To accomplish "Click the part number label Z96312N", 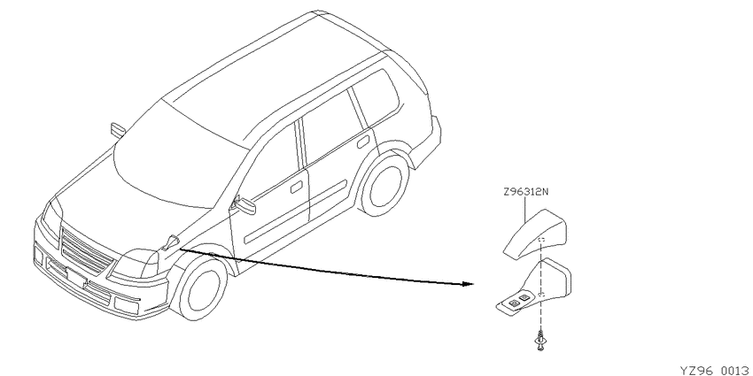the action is point(526,192).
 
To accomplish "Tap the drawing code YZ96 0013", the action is point(716,371).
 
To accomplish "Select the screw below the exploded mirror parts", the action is point(540,341).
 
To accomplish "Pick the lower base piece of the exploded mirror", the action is point(535,288).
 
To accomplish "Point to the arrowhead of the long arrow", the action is point(470,284).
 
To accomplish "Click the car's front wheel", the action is point(203,289).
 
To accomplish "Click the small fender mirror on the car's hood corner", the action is point(170,242).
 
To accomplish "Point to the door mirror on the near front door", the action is point(245,205).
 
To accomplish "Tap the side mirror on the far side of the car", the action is point(117,130).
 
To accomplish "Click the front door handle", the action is point(296,187).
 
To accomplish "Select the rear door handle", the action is point(363,142).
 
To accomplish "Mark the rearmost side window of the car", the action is point(376,98).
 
